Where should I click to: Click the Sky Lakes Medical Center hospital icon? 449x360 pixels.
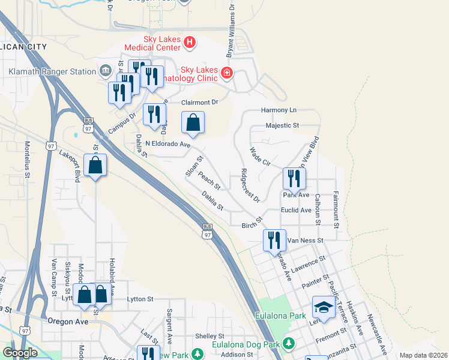pos(190,42)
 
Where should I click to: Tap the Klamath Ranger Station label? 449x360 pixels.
pos(52,71)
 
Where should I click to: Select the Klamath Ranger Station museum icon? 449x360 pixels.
pos(106,71)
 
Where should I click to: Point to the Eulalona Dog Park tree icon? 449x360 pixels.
pos(289,344)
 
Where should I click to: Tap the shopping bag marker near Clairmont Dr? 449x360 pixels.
pos(193,123)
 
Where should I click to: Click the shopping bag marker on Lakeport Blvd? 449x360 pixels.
pos(95,166)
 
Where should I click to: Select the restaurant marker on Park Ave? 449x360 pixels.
pos(294,178)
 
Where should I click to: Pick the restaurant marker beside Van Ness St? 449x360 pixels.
pos(274,240)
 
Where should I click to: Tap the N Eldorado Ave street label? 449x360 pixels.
pos(167,145)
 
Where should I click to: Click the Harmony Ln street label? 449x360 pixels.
pos(279,110)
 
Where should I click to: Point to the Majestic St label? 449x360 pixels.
pos(283,126)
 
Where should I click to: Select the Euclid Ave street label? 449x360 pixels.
pos(297,211)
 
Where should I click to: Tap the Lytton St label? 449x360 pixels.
pos(140,299)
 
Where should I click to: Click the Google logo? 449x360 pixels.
pos(20,353)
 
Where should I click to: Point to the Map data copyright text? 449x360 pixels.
pos(423,355)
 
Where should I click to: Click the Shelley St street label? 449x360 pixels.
pos(209,336)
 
